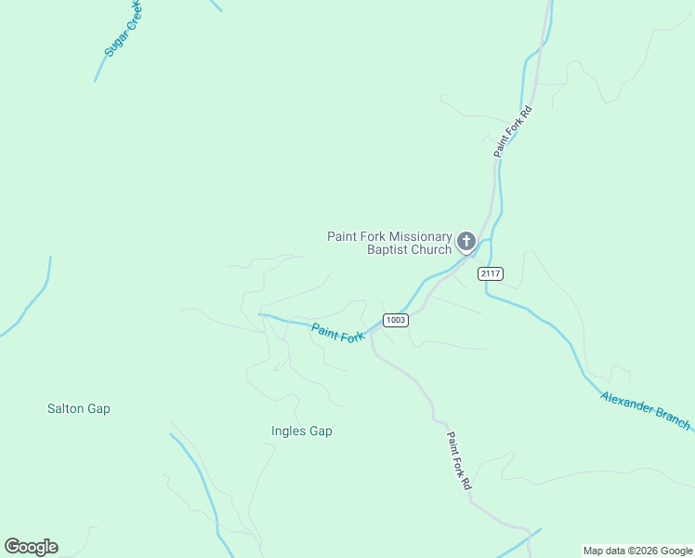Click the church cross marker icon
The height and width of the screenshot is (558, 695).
click(466, 243)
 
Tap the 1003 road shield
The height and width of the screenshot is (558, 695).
click(396, 320)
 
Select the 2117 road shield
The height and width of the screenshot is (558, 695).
click(491, 273)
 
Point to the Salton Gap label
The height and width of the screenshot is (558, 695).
click(79, 408)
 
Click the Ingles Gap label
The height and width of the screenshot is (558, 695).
click(302, 432)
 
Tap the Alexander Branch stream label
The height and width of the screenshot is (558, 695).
click(646, 410)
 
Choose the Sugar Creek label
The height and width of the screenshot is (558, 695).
click(124, 30)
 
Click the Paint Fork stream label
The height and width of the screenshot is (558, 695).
click(337, 333)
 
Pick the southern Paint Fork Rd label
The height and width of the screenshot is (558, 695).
click(459, 461)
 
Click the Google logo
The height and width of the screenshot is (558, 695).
click(31, 547)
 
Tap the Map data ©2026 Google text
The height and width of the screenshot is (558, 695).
click(638, 551)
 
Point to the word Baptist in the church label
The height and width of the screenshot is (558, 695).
click(388, 249)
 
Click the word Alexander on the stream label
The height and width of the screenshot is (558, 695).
click(628, 403)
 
